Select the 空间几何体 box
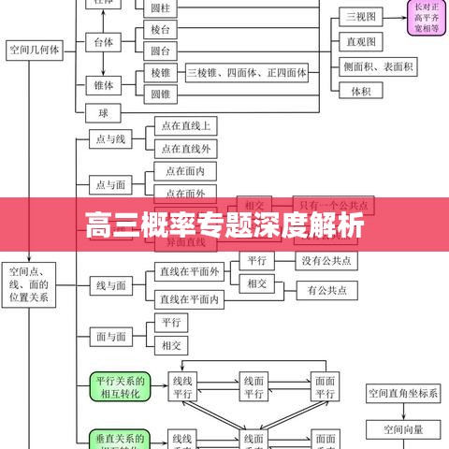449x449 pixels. click(x=35, y=51)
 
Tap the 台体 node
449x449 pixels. click(x=103, y=42)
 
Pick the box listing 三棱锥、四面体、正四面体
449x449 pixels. click(x=246, y=72)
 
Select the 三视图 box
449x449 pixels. click(x=361, y=17)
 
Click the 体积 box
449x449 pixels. click(x=361, y=92)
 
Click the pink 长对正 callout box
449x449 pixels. click(x=425, y=17)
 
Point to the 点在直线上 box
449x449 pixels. click(x=185, y=125)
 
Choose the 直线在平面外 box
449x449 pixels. click(x=190, y=272)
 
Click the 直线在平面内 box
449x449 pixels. click(x=190, y=299)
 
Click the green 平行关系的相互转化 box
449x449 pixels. click(x=119, y=386)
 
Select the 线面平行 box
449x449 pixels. click(x=253, y=386)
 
